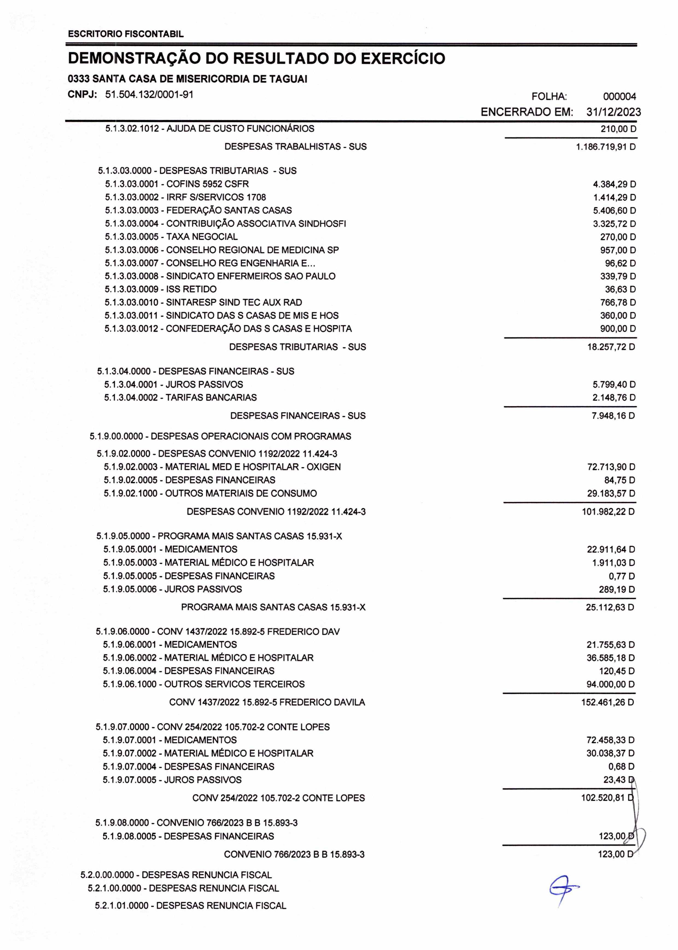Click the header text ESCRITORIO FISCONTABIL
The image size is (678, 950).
coord(126,34)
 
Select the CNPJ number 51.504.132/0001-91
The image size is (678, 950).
coord(149,95)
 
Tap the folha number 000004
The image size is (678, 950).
coord(619,97)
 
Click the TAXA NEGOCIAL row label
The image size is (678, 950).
coord(171,237)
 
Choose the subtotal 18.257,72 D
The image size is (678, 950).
coord(611,347)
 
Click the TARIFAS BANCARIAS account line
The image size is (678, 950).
coord(180,397)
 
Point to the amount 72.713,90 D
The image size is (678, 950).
coord(611,467)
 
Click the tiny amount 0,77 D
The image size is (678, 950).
coord(622,576)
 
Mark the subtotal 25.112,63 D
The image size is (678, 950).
coord(610,607)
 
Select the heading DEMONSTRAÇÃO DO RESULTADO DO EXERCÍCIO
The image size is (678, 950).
coord(256,59)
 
